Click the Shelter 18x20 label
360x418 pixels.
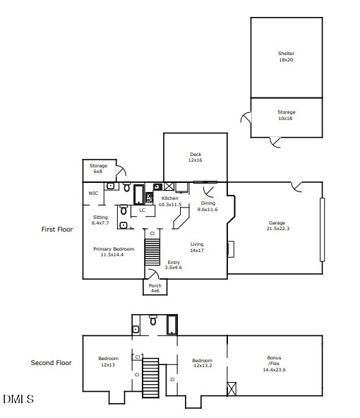[286, 56]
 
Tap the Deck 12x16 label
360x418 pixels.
[196, 157]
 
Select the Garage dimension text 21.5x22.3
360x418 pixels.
[278, 229]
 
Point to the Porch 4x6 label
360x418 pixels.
[155, 288]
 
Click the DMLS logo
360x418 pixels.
[18, 399]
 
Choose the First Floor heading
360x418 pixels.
[57, 229]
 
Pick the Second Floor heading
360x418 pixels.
[51, 363]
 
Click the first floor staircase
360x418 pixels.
[152, 252]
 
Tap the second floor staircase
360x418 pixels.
[150, 378]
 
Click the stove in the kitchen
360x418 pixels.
[150, 198]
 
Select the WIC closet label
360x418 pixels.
[93, 193]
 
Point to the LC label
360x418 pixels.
[143, 210]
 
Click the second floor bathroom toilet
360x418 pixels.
[153, 320]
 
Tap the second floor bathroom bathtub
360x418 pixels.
[172, 324]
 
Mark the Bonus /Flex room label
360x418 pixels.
[274, 364]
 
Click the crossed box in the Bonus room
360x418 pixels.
[232, 388]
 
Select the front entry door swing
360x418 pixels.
[153, 274]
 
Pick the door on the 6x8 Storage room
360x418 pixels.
[121, 171]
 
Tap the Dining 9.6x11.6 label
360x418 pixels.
[208, 206]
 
